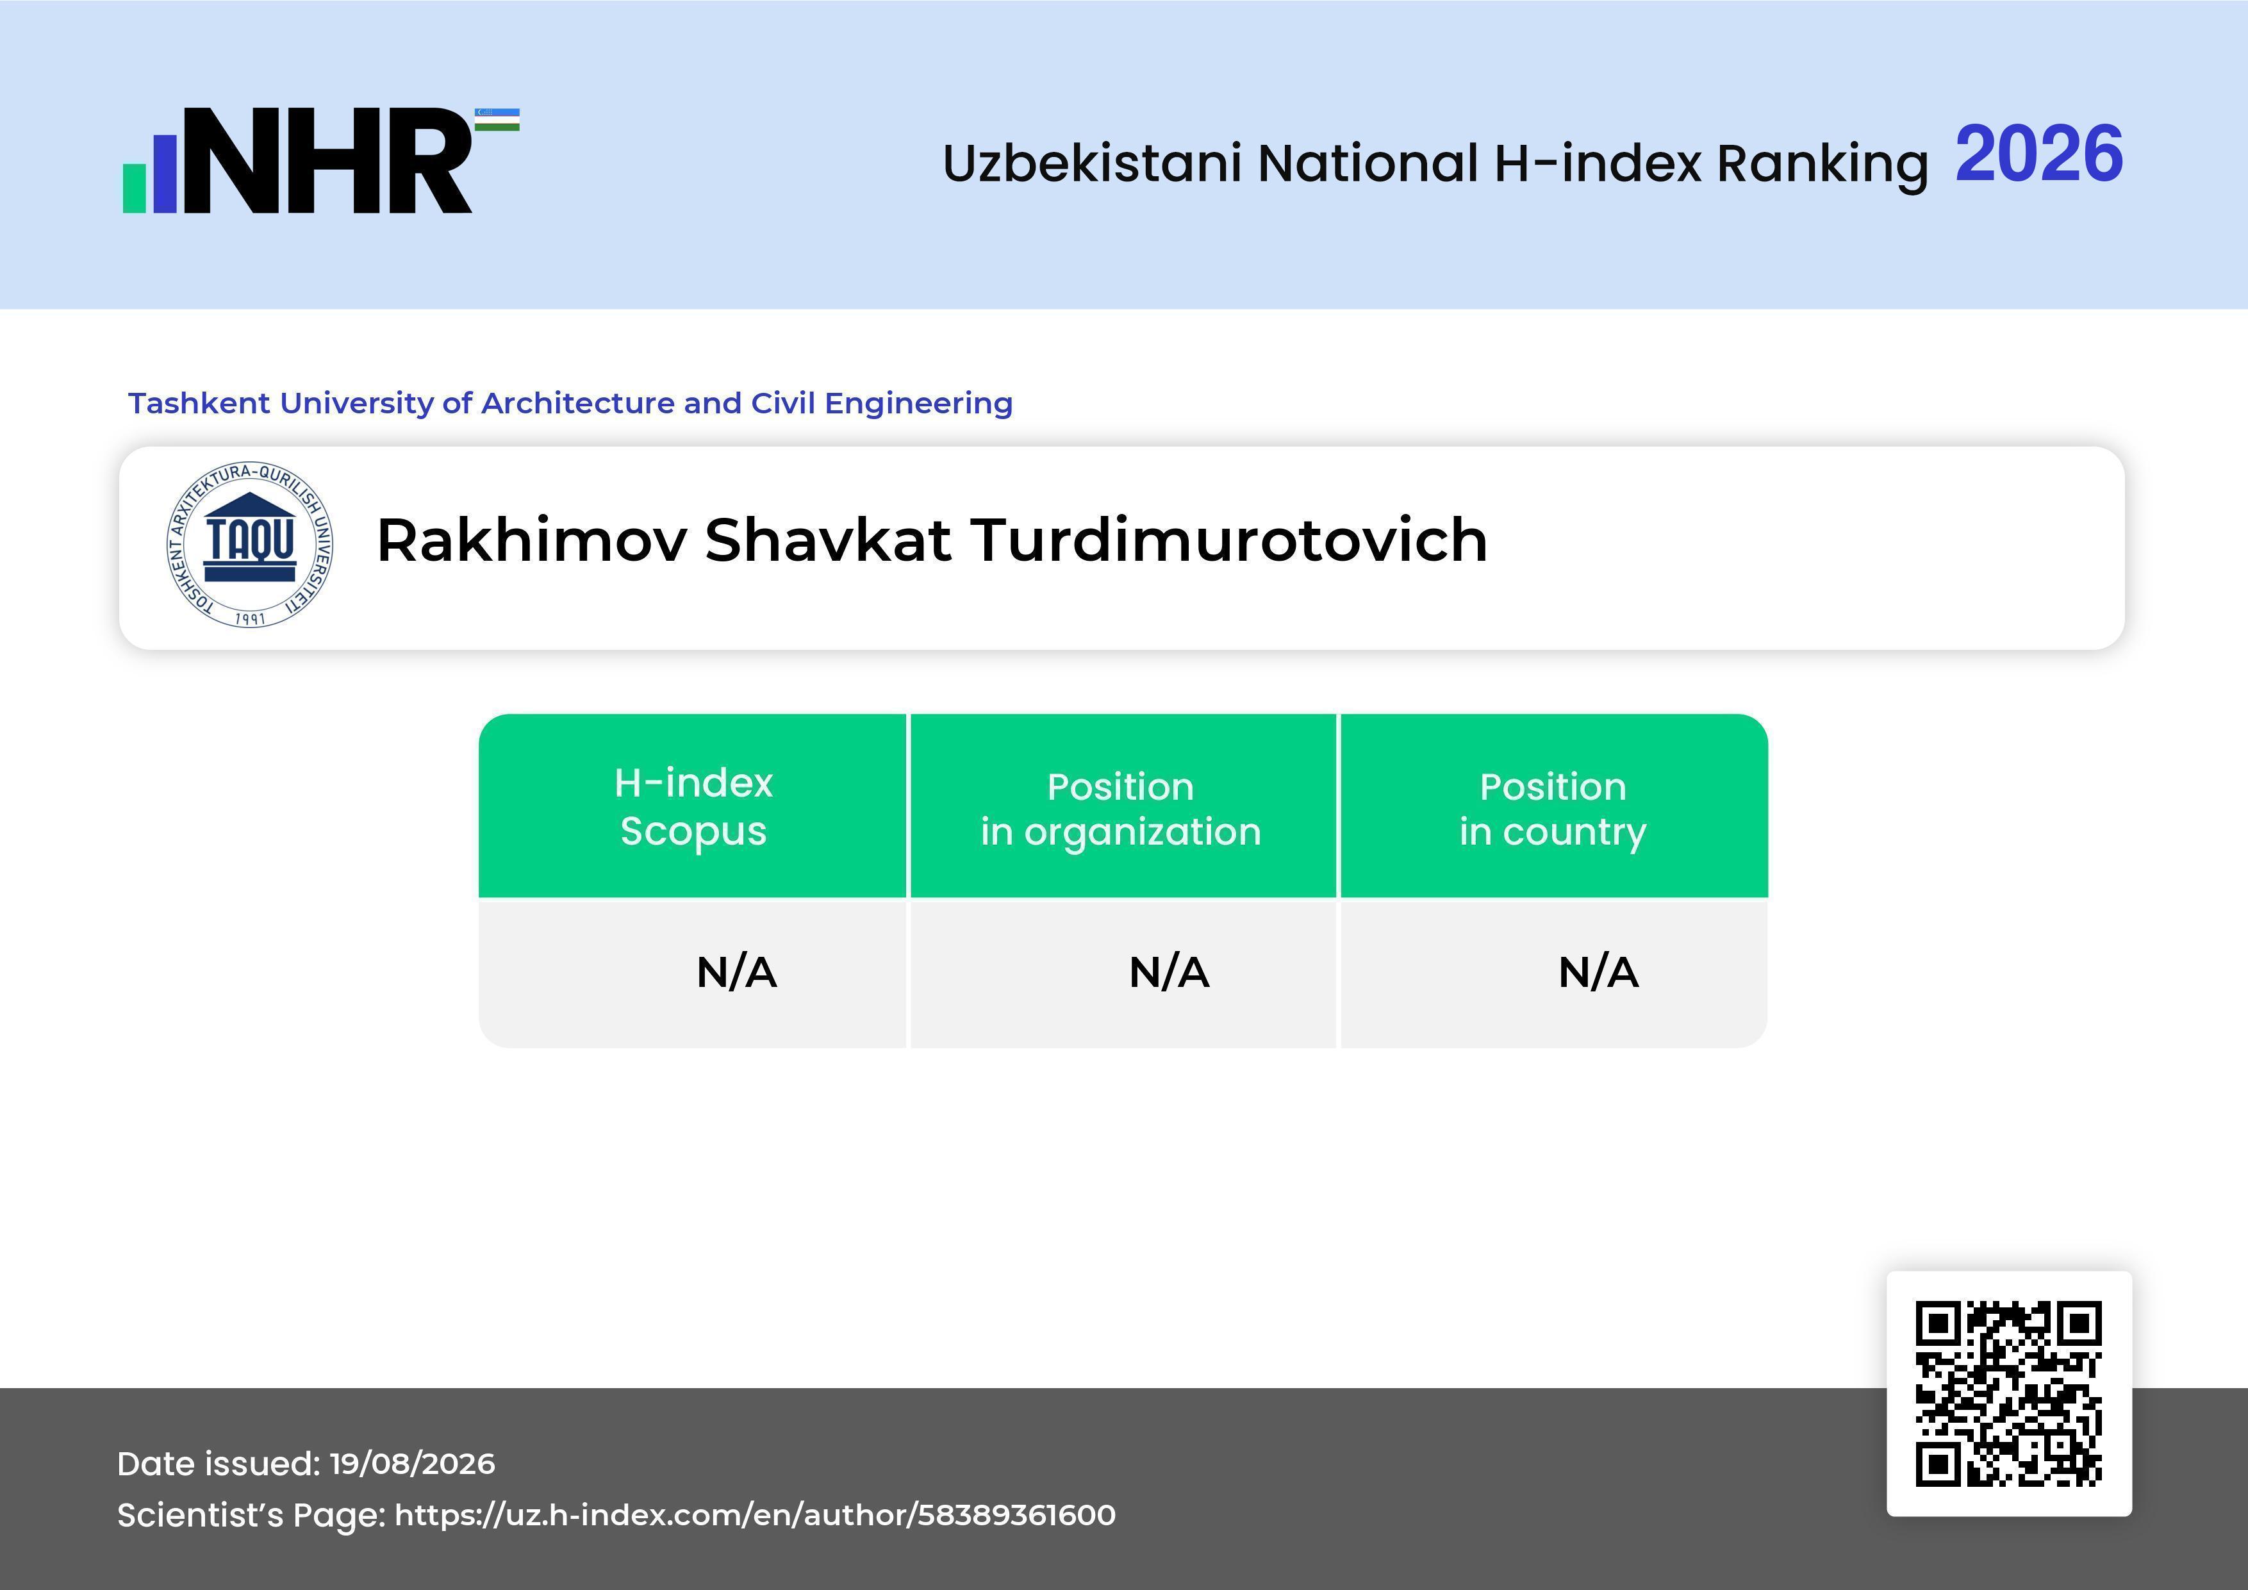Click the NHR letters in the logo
coord(328,161)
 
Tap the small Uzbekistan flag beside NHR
coord(497,119)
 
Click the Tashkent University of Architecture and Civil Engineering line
coord(570,402)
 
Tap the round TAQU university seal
coord(250,544)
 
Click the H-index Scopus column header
coord(693,806)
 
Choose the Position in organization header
coord(1121,809)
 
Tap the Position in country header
coord(1553,809)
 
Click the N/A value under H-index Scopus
coord(736,972)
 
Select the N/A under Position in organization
coord(1169,972)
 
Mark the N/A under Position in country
coord(1598,972)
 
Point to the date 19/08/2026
coord(412,1464)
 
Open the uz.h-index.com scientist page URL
coord(755,1514)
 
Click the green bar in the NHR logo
coord(134,187)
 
